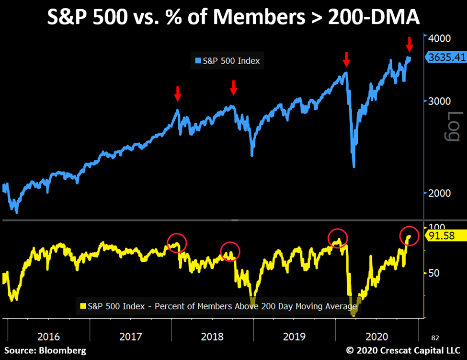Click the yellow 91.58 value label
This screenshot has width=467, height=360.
[x=446, y=236]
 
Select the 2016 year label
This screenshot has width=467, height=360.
[x=49, y=337]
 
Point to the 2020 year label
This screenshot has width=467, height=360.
[x=376, y=337]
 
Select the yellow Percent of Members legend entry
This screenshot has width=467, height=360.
[x=217, y=305]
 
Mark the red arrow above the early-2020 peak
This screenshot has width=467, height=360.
[x=346, y=60]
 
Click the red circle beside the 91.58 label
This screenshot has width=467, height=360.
[x=409, y=236]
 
